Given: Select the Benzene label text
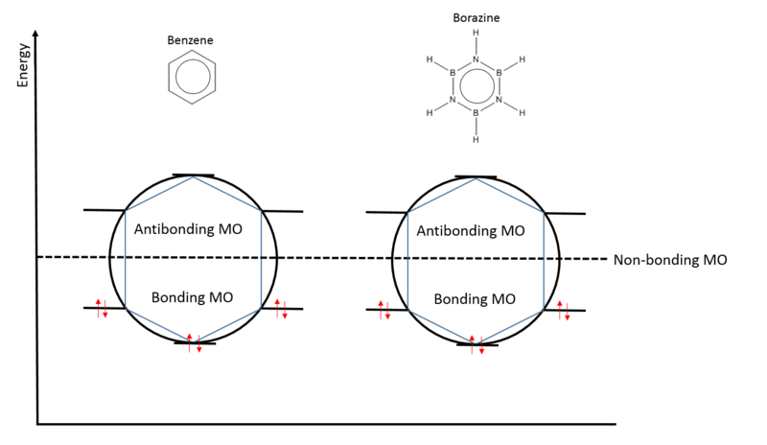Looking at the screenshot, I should coord(191,40).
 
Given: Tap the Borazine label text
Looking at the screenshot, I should coord(476,17).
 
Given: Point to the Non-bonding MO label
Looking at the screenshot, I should coord(670,259).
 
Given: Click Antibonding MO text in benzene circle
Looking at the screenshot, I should coord(194,230).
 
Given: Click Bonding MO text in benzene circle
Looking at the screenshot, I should coord(193,296).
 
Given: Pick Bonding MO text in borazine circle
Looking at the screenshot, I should coord(476,298).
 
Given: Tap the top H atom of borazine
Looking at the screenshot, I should coord(476,34).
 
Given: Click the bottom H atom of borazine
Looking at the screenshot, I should coord(476,139).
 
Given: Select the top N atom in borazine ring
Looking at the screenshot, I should coord(476,59).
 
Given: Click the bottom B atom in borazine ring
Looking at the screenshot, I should coord(476,113).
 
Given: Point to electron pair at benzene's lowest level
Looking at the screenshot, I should coord(194,342).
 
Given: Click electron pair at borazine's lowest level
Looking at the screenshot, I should coord(476,344).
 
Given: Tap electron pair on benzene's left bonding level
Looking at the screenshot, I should coord(102,309).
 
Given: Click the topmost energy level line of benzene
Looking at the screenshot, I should coord(194,176).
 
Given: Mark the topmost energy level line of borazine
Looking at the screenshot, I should coord(476,176).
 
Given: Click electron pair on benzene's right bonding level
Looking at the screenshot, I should coord(280,309).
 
